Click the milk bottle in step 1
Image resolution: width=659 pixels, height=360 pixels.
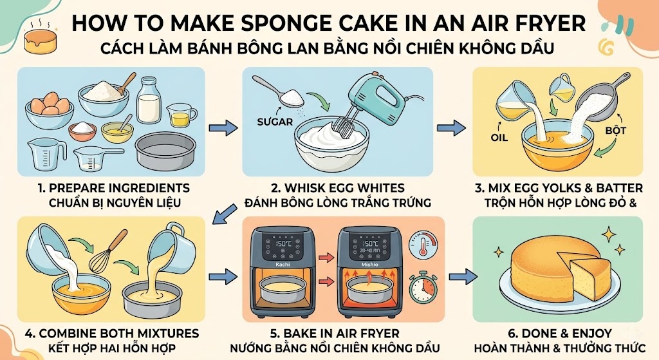[149, 102]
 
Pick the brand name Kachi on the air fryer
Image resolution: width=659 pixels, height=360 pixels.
[284, 265]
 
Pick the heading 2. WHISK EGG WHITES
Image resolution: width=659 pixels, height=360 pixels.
[338, 188]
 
